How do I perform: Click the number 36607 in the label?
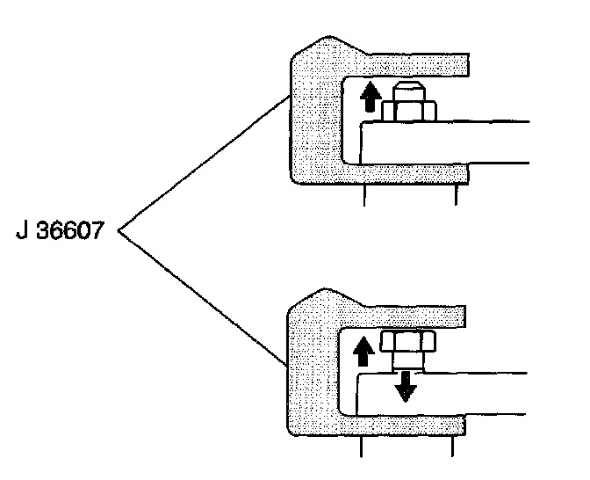click(76, 236)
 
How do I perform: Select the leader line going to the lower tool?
click(202, 299)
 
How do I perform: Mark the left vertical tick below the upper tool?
click(363, 195)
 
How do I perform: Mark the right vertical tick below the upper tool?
click(455, 195)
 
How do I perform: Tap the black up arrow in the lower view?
click(361, 351)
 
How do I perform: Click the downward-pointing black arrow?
click(404, 384)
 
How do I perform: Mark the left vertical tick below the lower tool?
click(361, 447)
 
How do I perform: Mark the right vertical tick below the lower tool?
click(452, 447)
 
